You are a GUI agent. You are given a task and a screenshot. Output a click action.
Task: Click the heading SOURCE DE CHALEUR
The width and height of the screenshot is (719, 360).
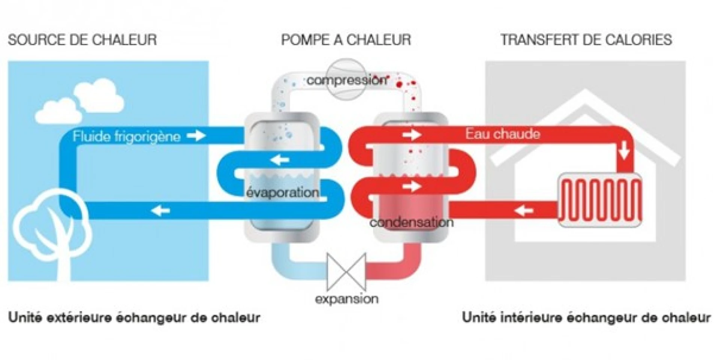(x=82, y=40)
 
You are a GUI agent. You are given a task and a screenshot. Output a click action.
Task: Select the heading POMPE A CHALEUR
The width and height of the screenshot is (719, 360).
(x=346, y=40)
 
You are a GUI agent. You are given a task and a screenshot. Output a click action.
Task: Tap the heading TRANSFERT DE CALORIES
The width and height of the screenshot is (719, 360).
(x=586, y=40)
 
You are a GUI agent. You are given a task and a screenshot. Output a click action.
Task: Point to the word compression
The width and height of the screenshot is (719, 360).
(x=347, y=80)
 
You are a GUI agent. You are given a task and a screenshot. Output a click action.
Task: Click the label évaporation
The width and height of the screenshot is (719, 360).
(x=283, y=192)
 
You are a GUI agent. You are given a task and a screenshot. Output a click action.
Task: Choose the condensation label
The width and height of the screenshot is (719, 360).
(x=412, y=222)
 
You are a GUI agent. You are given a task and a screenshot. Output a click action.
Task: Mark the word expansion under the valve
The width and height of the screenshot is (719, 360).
(x=346, y=299)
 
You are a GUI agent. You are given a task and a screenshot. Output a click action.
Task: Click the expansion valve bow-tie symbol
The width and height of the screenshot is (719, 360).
(x=346, y=272)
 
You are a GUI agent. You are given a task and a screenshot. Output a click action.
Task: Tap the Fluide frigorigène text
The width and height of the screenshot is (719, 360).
(x=127, y=136)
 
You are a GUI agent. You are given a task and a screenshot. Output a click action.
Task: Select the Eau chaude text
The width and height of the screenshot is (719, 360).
(x=503, y=134)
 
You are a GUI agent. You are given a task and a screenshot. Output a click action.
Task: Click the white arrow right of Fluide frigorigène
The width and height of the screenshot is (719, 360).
(x=196, y=135)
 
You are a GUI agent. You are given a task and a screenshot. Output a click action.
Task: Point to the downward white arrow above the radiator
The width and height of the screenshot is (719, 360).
(x=624, y=151)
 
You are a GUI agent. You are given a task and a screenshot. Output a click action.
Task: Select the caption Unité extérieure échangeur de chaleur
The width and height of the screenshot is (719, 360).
(x=134, y=318)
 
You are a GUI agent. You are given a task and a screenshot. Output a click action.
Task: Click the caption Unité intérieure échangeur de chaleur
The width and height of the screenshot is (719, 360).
(x=586, y=318)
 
